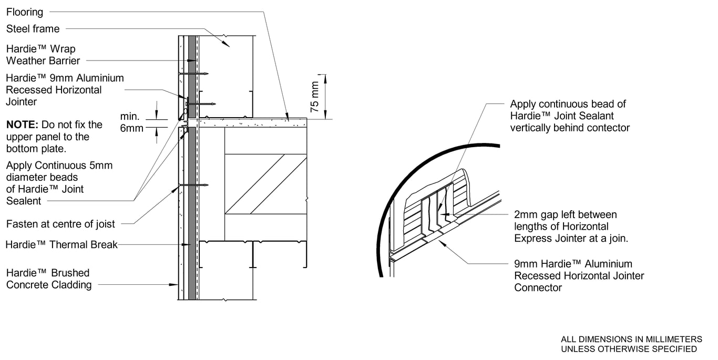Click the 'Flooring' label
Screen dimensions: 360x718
pos(25,12)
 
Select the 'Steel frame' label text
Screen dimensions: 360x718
pos(33,29)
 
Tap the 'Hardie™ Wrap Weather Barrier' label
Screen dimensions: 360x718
pos(43,55)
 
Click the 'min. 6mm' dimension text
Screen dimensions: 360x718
pos(131,122)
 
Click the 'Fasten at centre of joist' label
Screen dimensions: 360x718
pos(60,224)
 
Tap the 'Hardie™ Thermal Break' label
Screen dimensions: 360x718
pos(61,244)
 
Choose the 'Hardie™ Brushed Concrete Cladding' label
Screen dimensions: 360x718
pos(48,279)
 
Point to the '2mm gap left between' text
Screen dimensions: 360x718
pos(565,214)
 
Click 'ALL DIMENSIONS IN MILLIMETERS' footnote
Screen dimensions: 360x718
pos(631,339)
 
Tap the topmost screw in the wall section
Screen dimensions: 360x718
pos(193,74)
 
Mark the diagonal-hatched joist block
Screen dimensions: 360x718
pos(265,184)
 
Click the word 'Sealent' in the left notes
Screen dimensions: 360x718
pos(24,201)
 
